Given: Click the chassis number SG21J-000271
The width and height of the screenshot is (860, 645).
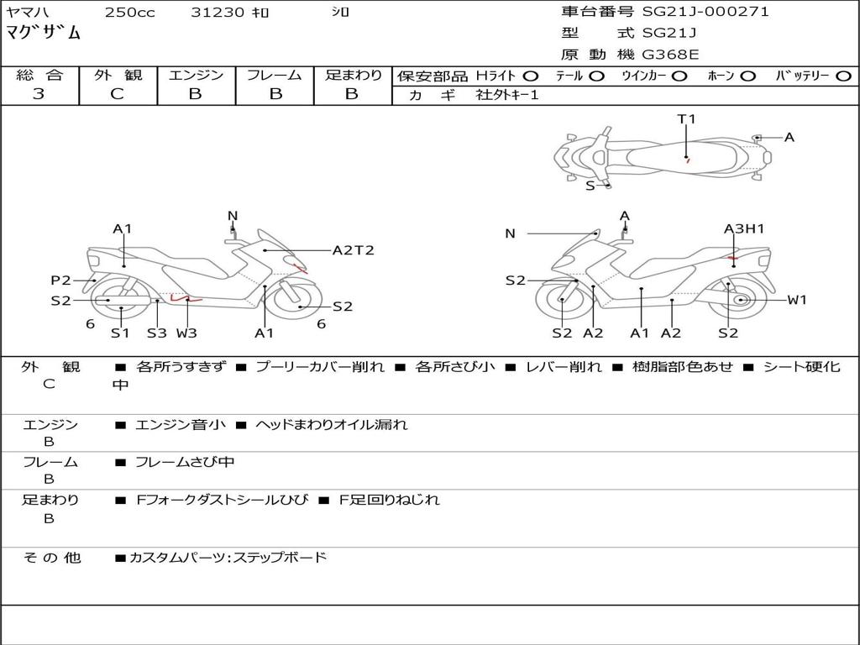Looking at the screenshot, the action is [x=705, y=12].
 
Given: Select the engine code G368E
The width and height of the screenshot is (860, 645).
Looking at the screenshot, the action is [x=671, y=55].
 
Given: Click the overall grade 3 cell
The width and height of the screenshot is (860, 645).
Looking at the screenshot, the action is [x=39, y=94].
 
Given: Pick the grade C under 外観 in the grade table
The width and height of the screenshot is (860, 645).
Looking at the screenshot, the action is [x=118, y=94].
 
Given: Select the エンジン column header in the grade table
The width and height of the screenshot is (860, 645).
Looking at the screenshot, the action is [x=196, y=76].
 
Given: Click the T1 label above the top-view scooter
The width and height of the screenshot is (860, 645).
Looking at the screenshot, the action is [x=687, y=119].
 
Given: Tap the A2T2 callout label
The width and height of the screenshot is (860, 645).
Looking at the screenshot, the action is [x=353, y=250].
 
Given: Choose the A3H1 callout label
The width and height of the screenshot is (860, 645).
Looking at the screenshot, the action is [x=744, y=228].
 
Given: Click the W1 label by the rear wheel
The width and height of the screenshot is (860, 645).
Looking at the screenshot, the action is [x=796, y=300].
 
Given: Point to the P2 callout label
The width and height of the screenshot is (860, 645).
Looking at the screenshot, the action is [x=60, y=281].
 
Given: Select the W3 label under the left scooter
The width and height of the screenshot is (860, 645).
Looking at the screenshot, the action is [x=186, y=333].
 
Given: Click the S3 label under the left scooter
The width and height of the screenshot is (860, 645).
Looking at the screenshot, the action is [x=157, y=333].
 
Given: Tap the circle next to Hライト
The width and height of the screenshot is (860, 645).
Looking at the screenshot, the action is [x=531, y=76].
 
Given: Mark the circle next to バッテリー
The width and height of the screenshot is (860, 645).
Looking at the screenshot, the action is [x=843, y=76].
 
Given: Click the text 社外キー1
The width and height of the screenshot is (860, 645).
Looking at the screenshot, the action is [x=507, y=95].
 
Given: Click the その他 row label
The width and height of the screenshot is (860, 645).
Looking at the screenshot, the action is [x=52, y=557].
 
